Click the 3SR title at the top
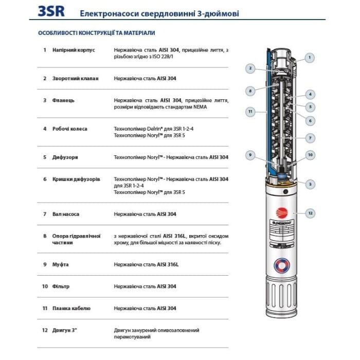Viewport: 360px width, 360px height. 51,11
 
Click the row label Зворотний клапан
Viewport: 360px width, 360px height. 76,79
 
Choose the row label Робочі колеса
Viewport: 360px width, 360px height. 70,129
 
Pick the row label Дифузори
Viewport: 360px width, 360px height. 65,157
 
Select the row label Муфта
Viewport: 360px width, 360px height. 61,264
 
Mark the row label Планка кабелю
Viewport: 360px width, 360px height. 71,308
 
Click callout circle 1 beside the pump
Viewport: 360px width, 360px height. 309,58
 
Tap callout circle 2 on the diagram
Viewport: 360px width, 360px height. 250,68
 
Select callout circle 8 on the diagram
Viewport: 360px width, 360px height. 250,91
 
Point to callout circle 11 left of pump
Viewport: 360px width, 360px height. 250,111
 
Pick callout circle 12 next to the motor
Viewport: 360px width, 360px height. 310,213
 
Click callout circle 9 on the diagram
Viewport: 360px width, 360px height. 250,155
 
